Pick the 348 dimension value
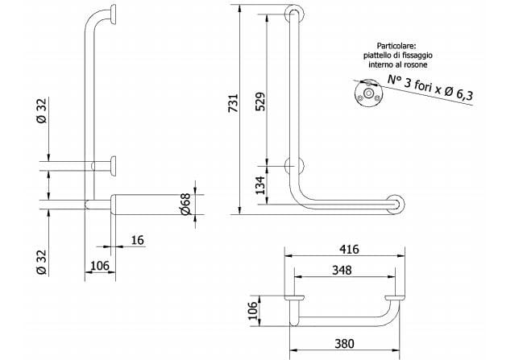coord(342,270)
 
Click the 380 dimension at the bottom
coord(342,342)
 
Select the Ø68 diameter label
coord(184,205)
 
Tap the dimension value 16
coord(137,240)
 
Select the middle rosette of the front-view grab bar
coord(294,167)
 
